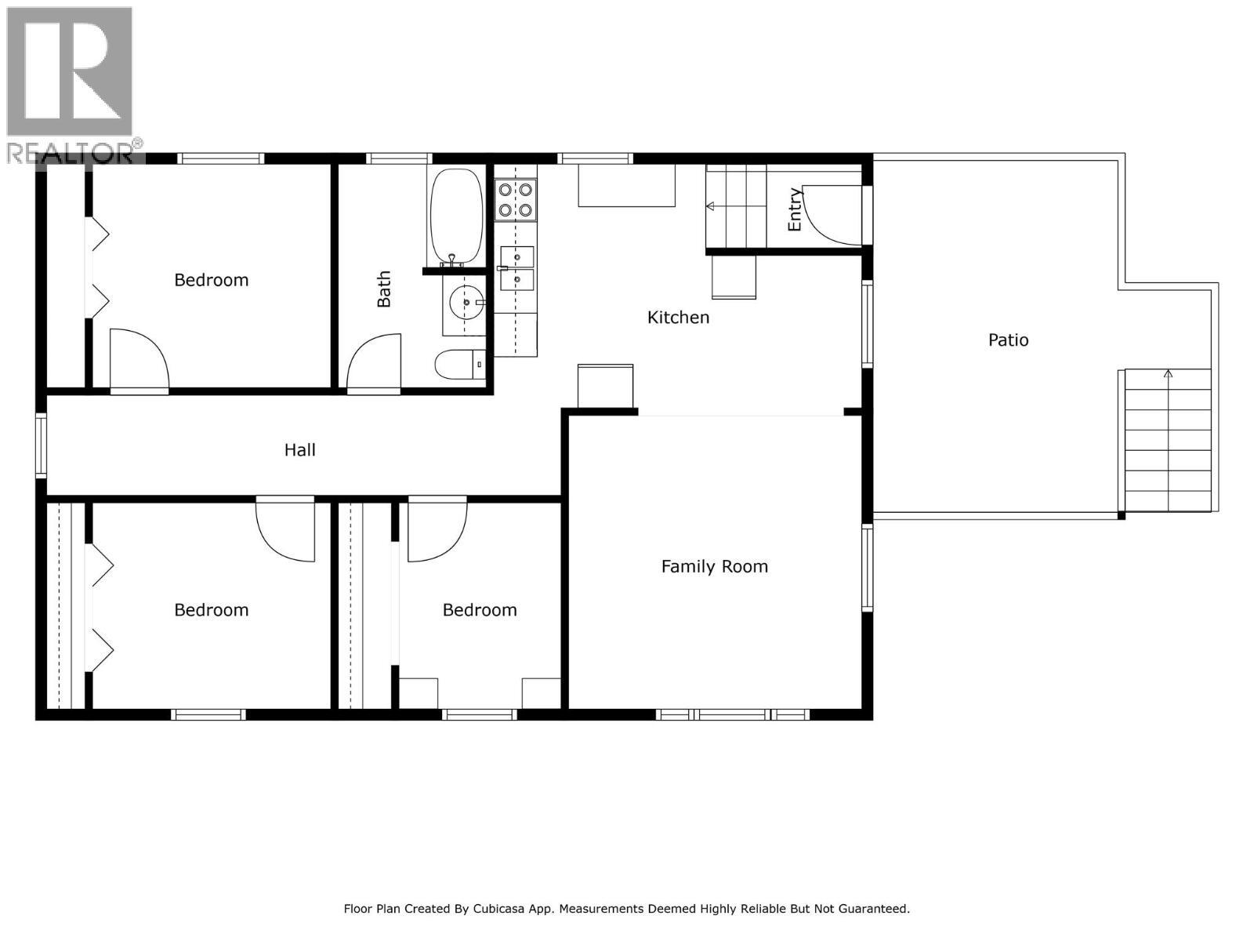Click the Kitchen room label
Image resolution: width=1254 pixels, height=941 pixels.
click(678, 318)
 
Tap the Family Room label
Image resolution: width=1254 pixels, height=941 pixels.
click(714, 566)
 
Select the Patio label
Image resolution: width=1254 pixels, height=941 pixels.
click(1008, 340)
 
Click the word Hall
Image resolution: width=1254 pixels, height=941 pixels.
click(299, 450)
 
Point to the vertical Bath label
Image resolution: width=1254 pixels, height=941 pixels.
click(384, 289)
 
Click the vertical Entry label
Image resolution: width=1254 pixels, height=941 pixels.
click(795, 209)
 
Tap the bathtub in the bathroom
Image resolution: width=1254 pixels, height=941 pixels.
click(456, 216)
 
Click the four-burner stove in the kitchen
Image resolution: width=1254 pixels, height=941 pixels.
click(515, 200)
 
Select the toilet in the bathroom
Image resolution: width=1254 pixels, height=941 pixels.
click(459, 365)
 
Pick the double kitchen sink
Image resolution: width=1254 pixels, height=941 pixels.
click(517, 268)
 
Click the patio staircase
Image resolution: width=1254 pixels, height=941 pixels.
click(1168, 439)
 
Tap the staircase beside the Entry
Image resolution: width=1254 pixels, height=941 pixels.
click(735, 206)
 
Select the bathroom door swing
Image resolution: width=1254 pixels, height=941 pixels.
click(375, 362)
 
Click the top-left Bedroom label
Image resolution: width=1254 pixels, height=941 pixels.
click(211, 280)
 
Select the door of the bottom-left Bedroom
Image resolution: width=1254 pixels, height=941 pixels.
click(286, 530)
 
